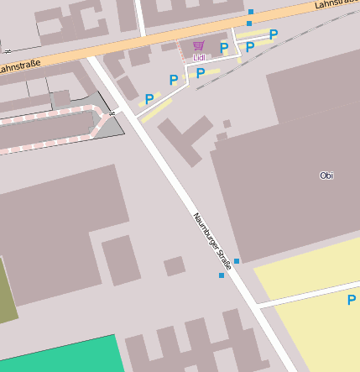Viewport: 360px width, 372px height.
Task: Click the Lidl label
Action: [199, 58]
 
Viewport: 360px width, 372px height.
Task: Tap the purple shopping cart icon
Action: [198, 45]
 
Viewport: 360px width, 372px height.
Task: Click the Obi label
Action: [326, 176]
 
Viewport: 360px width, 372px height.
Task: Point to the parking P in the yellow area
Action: [351, 300]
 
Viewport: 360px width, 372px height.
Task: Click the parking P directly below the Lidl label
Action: [201, 73]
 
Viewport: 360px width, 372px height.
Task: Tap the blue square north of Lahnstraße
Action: [250, 12]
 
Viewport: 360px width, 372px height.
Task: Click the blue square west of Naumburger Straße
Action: [222, 275]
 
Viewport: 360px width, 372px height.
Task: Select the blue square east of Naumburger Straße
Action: [237, 262]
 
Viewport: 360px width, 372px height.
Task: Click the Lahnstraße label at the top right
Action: [337, 4]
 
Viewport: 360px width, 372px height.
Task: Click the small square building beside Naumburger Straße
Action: [174, 266]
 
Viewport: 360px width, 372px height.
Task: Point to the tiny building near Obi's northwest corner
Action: [227, 123]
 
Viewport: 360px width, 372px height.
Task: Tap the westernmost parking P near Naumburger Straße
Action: [149, 99]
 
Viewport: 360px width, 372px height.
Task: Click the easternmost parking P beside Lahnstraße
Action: [274, 34]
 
